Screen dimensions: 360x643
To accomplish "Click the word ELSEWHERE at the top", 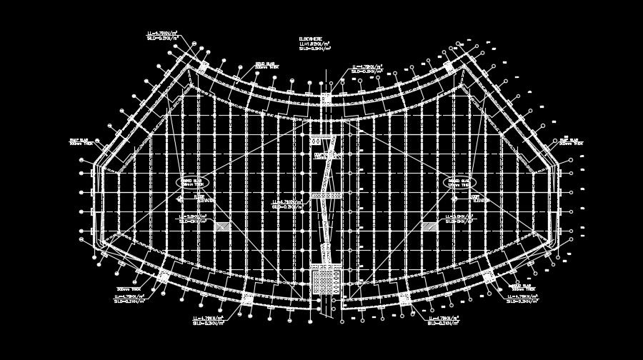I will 311,39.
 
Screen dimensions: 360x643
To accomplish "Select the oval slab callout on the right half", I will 460,183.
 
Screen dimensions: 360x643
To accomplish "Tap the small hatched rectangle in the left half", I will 223,226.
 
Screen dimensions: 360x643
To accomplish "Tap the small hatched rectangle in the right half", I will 429,226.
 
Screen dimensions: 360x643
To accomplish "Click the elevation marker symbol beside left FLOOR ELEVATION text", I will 180,199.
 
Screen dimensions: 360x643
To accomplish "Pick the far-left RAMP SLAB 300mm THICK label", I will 81,141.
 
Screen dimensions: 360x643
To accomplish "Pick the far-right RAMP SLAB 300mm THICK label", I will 571,141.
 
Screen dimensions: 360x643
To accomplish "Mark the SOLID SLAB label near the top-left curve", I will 266,65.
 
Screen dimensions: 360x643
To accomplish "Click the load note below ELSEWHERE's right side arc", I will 367,69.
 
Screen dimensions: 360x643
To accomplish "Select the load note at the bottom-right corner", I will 522,299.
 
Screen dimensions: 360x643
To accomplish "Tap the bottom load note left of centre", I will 208,321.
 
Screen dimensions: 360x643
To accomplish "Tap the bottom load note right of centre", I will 443,321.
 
